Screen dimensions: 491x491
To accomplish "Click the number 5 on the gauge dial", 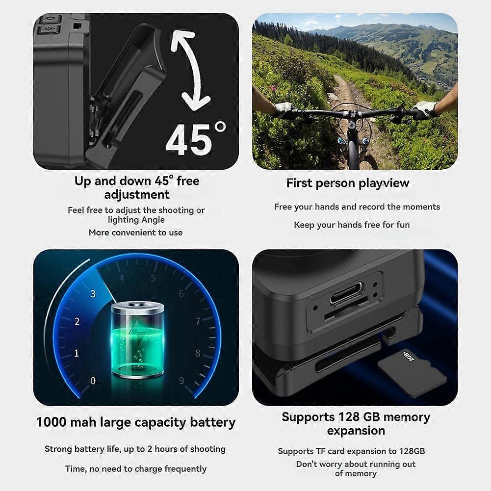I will (x=153, y=279).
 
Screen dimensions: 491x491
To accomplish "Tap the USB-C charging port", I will (x=346, y=293).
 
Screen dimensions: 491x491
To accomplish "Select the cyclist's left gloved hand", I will (x=284, y=109).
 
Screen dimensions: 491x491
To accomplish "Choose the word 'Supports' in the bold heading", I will (x=308, y=417).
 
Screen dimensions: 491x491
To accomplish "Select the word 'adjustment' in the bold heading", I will (x=137, y=195).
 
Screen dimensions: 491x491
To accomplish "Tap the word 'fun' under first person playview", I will (x=403, y=225).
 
